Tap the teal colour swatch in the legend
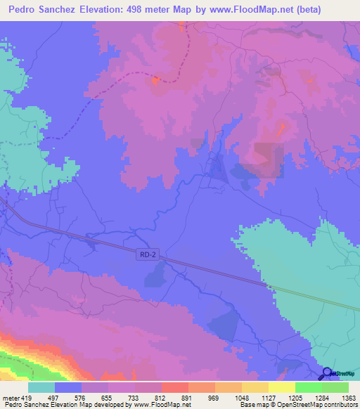(x=41, y=387)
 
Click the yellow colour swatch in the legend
(x=281, y=387)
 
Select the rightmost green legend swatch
(x=335, y=387)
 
